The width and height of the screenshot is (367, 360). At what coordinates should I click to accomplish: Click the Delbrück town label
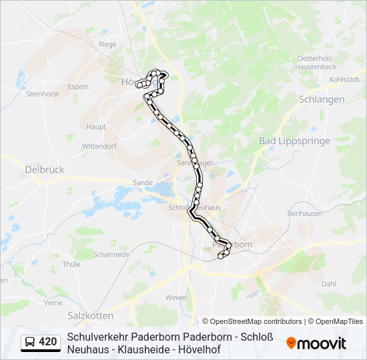click(x=44, y=170)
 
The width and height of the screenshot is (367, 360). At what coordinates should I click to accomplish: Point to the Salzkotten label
click(x=91, y=315)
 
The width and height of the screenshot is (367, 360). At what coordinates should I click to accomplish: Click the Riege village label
click(x=107, y=45)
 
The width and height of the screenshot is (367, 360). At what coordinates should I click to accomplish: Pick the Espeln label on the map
click(x=78, y=87)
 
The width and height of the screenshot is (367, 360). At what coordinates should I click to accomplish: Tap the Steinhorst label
click(x=42, y=94)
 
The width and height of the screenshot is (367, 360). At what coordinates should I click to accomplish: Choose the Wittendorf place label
click(x=99, y=146)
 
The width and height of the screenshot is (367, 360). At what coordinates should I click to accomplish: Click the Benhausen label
click(x=305, y=213)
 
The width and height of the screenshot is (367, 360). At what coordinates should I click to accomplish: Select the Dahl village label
click(x=328, y=283)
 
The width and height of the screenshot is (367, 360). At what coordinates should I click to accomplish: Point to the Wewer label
click(x=177, y=297)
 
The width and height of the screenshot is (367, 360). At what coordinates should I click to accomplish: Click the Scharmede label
click(x=111, y=255)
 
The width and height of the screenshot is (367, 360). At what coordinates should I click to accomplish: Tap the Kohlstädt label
click(x=344, y=80)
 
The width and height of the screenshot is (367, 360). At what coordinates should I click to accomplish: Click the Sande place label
click(x=143, y=181)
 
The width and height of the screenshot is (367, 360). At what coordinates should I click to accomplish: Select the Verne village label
click(x=53, y=303)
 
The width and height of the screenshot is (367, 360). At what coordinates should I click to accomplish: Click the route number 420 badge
click(x=41, y=343)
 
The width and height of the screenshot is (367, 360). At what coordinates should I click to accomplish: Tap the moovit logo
click(x=316, y=343)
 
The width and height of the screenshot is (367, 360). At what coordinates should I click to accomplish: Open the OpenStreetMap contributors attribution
click(x=252, y=321)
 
